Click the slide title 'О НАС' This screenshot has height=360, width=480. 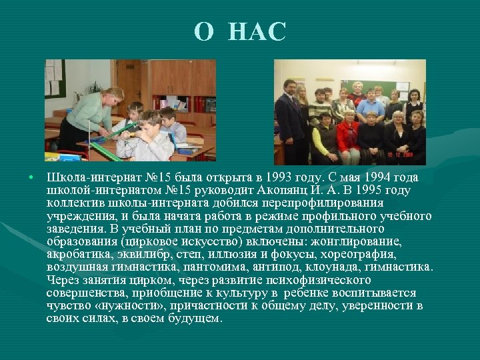pos(240,31)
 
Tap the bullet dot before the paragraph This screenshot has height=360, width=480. pos(31,177)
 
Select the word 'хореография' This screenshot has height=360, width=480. pos(361,255)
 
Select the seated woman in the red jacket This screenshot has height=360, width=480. pos(347,133)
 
